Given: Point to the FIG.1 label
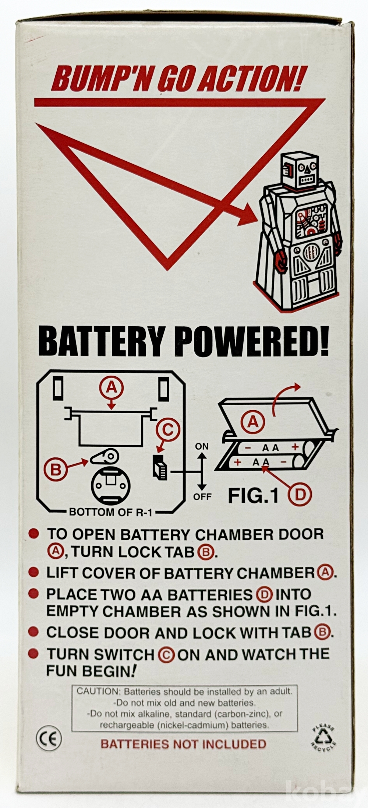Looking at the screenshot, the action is [x=253, y=496].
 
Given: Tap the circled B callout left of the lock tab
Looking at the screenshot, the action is [x=55, y=469].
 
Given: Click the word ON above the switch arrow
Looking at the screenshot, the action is [x=202, y=446].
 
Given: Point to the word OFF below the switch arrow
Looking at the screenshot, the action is [x=202, y=497].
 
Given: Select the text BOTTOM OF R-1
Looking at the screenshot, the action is [x=110, y=512].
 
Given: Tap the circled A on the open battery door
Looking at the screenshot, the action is [x=253, y=422].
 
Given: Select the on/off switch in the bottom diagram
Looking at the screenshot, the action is [x=160, y=467].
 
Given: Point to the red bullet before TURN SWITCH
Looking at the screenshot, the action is [x=33, y=654].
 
